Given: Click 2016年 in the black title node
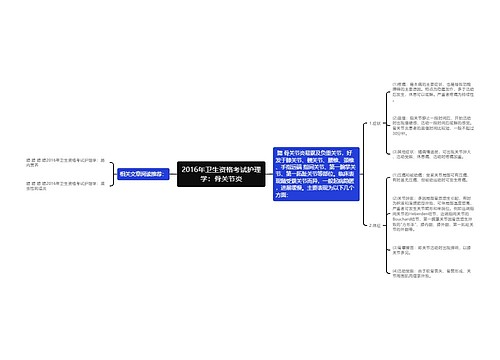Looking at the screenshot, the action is coord(195,167).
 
